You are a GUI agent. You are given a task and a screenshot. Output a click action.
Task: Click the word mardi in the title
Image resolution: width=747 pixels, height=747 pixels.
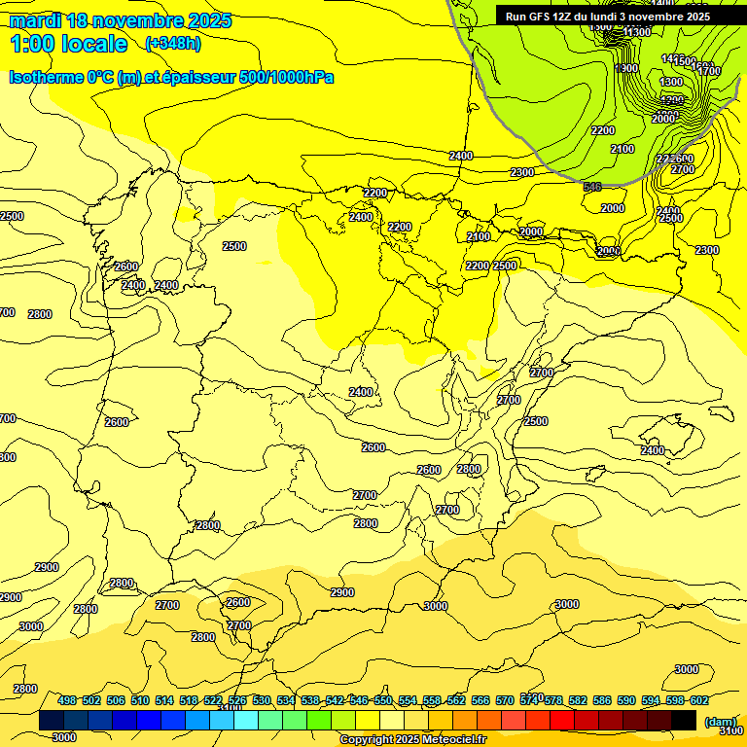pyautogui.click(x=33, y=20)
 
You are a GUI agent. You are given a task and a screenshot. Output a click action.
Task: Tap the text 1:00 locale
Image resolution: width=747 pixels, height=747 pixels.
pyautogui.click(x=69, y=44)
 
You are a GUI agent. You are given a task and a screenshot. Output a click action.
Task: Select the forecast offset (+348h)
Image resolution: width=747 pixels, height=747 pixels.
pyautogui.click(x=172, y=43)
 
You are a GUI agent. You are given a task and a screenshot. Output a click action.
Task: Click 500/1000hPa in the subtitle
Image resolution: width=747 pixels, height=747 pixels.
pyautogui.click(x=286, y=77)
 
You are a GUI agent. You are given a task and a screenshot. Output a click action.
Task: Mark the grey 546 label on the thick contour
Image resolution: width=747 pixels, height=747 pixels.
pyautogui.click(x=592, y=187)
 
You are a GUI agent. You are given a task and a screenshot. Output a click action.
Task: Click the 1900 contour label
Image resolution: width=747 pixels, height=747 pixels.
pyautogui.click(x=627, y=68)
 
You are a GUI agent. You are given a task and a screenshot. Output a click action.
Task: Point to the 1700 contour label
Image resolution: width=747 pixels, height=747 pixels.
pyautogui.click(x=709, y=71)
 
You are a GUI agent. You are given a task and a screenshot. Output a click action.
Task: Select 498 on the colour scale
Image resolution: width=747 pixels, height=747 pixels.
pyautogui.click(x=67, y=700)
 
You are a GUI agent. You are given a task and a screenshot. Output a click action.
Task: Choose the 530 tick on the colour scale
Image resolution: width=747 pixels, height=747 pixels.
pyautogui.click(x=262, y=700)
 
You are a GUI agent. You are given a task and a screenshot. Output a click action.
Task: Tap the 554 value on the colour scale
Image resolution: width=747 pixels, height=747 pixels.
pyautogui.click(x=408, y=700)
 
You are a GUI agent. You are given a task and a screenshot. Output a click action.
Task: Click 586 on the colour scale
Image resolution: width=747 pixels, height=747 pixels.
pyautogui.click(x=602, y=700)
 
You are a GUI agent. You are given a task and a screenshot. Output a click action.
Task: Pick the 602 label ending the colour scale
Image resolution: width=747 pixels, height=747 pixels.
pyautogui.click(x=699, y=700)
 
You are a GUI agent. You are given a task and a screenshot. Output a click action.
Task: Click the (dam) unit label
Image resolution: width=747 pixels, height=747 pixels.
pyautogui.click(x=720, y=721)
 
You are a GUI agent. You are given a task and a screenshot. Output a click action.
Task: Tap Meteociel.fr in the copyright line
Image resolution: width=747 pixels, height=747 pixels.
pyautogui.click(x=446, y=740)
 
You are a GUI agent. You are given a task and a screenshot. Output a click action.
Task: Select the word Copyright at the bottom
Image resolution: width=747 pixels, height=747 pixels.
pyautogui.click(x=368, y=740)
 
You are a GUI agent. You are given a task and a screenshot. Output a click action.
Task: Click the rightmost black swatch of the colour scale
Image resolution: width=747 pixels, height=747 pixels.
pyautogui.click(x=684, y=721)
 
